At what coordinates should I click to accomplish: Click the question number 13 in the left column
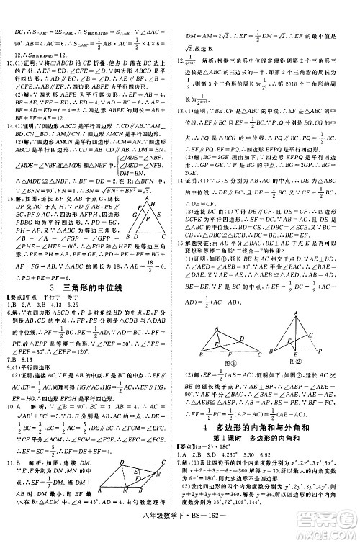(9, 61)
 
